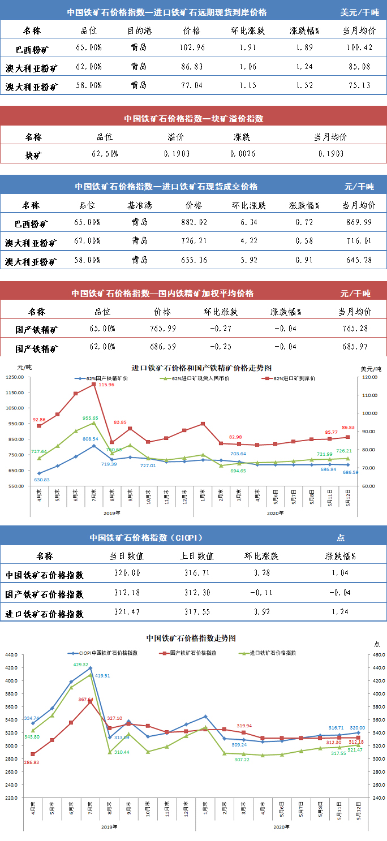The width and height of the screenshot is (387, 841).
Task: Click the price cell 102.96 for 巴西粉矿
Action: pyautogui.click(x=192, y=48)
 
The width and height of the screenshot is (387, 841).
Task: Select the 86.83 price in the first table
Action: pyautogui.click(x=192, y=67)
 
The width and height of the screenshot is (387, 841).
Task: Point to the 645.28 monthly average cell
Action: pyautogui.click(x=359, y=261)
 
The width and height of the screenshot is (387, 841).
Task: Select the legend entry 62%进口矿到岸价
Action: pyautogui.click(x=294, y=378)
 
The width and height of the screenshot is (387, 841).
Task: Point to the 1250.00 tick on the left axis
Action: pyautogui.click(x=14, y=393)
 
